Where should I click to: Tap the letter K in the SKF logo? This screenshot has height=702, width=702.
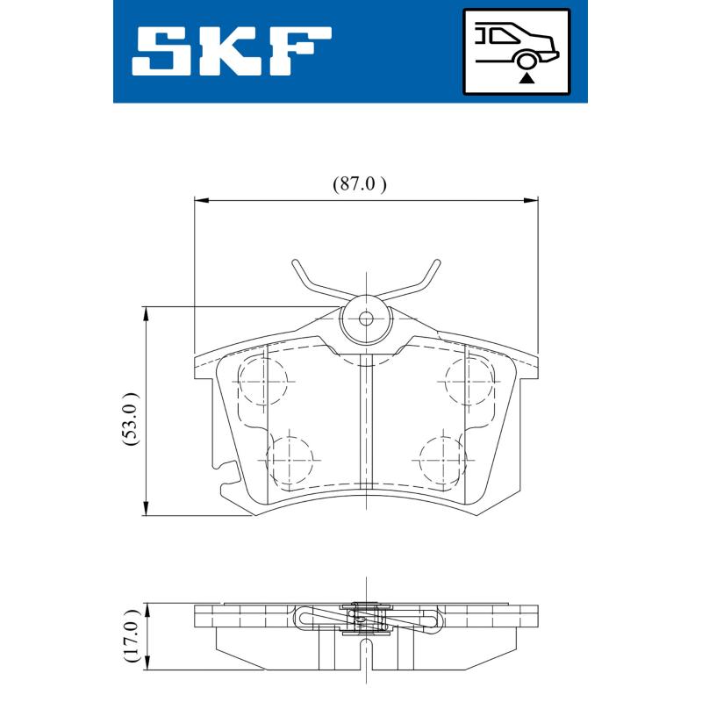(231, 50)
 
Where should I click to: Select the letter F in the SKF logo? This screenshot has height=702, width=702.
(299, 50)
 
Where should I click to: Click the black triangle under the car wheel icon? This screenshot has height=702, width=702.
(526, 78)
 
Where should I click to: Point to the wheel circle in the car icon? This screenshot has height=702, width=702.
(526, 59)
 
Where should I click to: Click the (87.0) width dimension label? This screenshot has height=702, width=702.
(359, 184)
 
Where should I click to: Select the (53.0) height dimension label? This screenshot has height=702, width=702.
(131, 419)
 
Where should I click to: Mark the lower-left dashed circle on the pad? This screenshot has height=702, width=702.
(290, 459)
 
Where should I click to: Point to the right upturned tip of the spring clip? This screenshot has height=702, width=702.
(436, 264)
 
